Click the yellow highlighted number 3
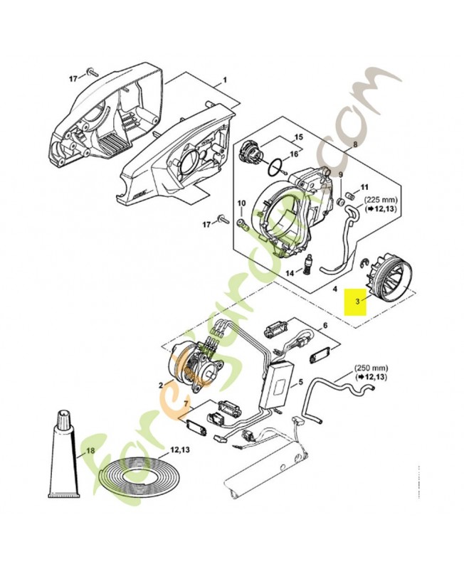click(x=357, y=302)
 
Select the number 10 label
click(x=241, y=204)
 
